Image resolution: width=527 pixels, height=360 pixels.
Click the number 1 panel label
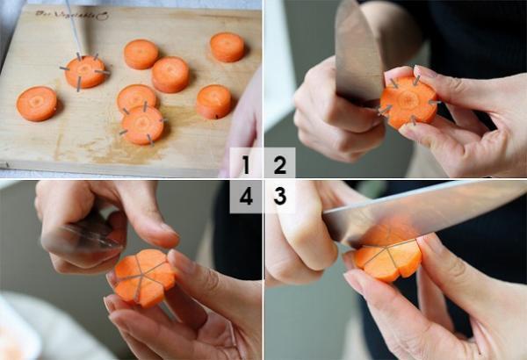click(246, 164)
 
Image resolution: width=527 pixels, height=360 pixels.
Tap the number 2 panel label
click(279, 164)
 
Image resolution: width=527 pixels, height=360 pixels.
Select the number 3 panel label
click(279, 197)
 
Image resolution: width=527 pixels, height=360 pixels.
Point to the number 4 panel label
click(246, 197)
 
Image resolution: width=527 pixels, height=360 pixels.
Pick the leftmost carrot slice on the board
click(36, 104)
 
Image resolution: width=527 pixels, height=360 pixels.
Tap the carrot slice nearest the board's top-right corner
click(227, 47)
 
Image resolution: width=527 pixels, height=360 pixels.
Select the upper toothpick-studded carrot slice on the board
click(85, 71)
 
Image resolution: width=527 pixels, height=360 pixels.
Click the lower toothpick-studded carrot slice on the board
click(142, 124)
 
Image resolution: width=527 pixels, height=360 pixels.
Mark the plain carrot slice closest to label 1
click(213, 102)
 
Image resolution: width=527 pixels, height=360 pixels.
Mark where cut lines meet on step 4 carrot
click(141, 275)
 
